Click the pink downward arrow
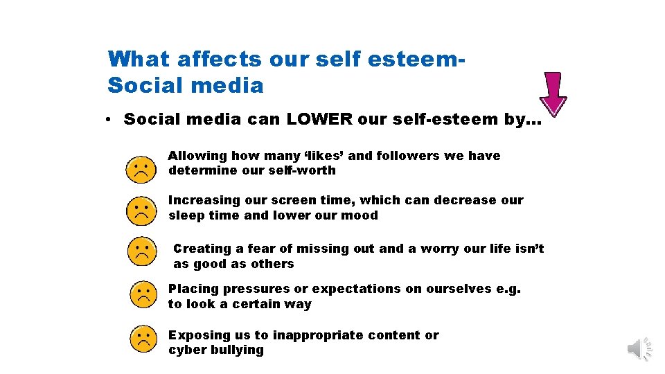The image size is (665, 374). coord(553,93)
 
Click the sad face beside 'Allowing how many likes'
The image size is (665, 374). coord(141,170)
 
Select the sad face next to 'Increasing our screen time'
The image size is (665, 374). coord(141,211)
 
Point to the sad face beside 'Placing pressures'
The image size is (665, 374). coord(143,296)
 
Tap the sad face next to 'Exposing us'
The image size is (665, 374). coord(143,339)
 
